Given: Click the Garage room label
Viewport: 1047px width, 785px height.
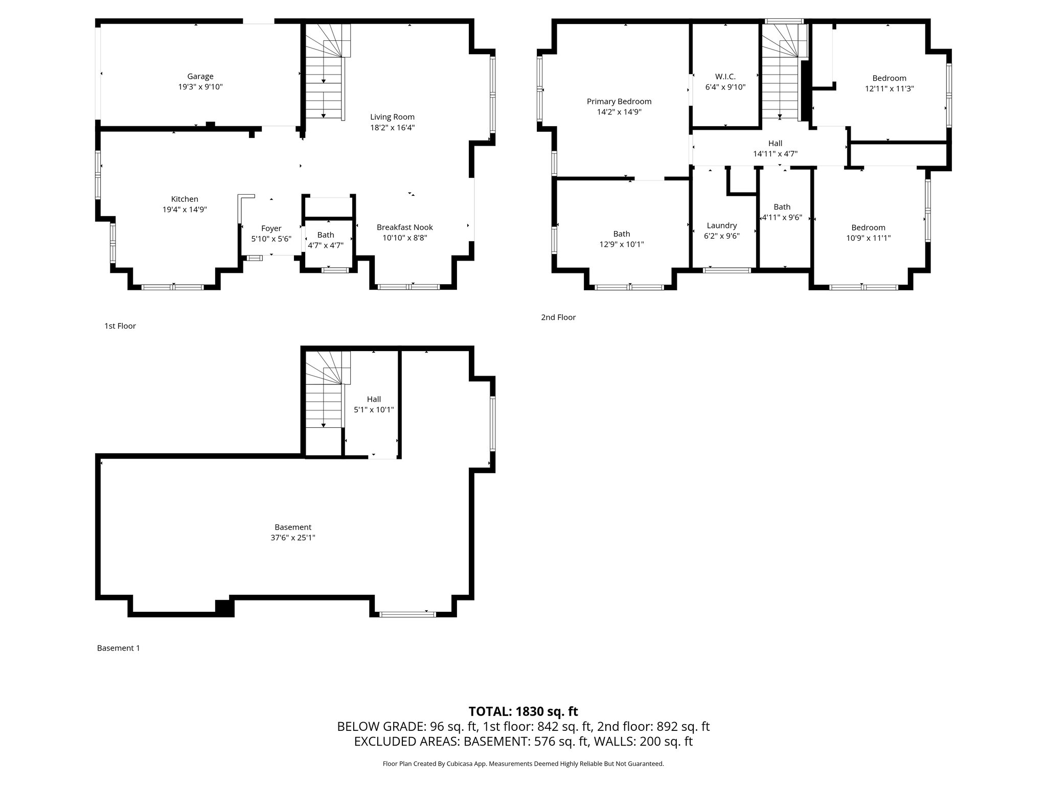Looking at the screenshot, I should pos(200,77).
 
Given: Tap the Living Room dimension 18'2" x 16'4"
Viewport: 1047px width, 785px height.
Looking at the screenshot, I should pos(392,128).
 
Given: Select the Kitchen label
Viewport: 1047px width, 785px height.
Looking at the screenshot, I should pos(185,199).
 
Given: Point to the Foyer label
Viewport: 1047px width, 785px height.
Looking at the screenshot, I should pos(271,228).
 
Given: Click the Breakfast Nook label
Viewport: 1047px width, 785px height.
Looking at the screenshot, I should pos(404,227).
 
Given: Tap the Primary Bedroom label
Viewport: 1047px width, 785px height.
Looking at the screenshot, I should pos(619,102).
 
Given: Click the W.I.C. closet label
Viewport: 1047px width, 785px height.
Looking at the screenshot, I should pos(725,77).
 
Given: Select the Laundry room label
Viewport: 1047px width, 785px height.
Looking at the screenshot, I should pos(721,225).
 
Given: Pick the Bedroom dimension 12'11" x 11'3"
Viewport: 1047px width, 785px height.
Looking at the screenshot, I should pos(889,88).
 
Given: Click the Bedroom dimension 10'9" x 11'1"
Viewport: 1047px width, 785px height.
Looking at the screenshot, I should pos(868,238).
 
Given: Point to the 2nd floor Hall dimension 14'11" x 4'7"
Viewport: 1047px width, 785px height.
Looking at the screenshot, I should pos(775,153).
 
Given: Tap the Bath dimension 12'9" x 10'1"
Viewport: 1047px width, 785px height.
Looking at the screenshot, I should pos(621,244).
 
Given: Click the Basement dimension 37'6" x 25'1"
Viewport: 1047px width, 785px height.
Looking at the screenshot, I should pos(292,538).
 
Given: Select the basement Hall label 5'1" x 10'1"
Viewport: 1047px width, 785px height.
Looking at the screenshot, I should pos(374,400).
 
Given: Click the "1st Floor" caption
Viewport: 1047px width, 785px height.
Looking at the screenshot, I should pos(120,326).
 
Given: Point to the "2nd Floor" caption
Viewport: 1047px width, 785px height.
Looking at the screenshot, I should pos(558,317).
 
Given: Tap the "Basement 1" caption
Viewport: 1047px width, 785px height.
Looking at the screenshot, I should pos(118,648).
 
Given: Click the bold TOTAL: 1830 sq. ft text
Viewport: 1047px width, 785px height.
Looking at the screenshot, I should pos(523,711).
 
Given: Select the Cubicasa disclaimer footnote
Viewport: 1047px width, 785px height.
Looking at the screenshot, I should pos(523,764).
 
